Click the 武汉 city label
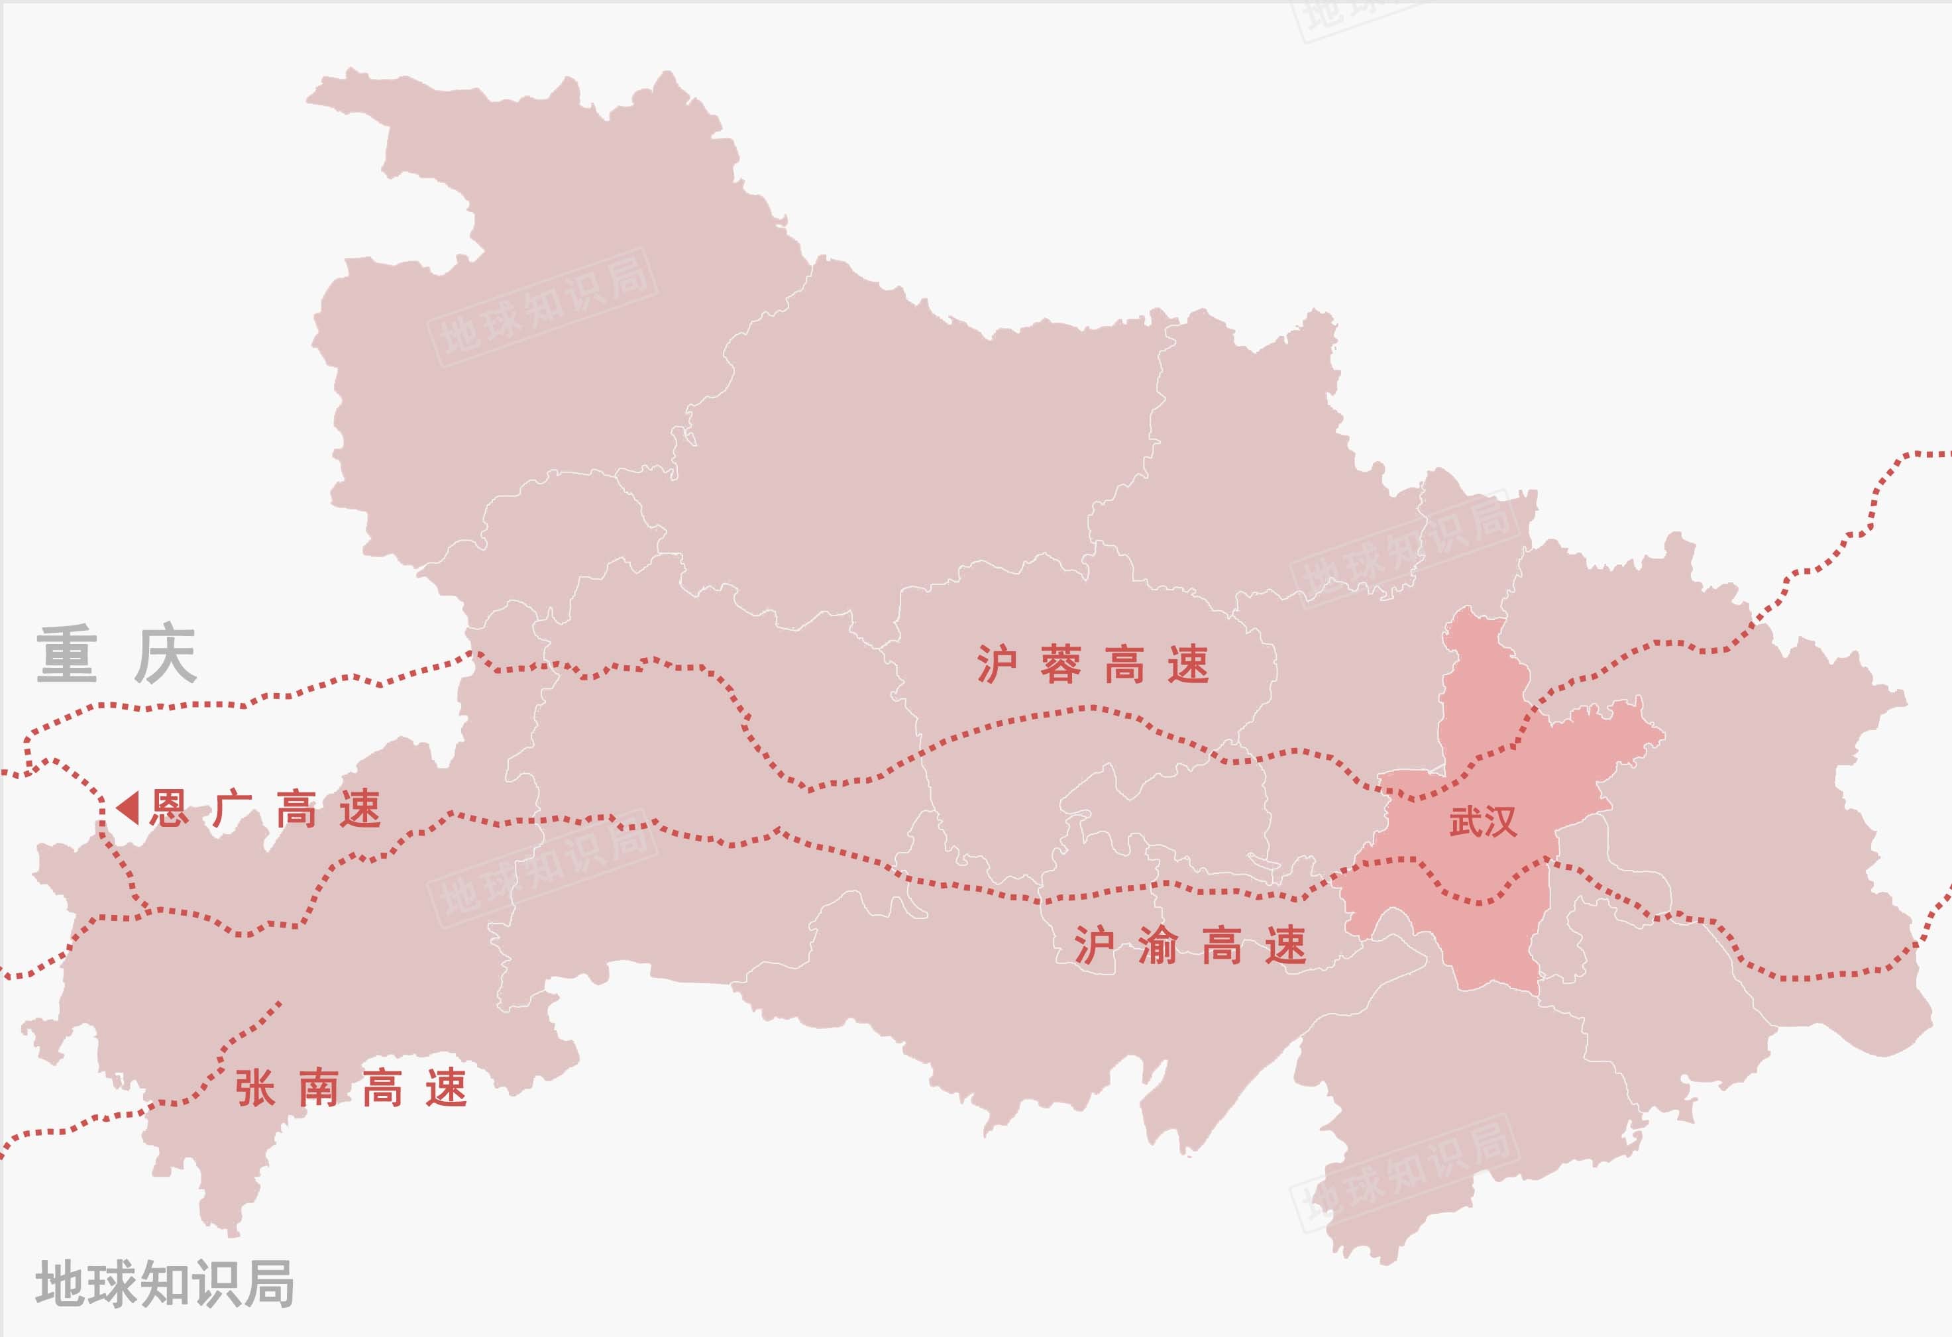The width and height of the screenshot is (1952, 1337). click(1482, 822)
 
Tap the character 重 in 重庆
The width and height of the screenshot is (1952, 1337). click(66, 654)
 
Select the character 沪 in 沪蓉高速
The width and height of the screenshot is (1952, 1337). click(996, 665)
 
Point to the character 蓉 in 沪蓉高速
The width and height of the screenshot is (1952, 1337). click(1060, 665)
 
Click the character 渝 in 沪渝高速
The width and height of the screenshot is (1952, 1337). click(1158, 945)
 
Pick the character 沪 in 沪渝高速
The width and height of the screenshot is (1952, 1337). click(1093, 945)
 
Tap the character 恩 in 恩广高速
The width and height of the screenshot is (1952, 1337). click(169, 810)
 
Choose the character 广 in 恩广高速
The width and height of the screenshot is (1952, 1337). click(233, 810)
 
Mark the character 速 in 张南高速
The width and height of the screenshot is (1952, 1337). click(446, 1089)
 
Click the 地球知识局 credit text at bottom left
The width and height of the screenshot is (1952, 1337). click(164, 1283)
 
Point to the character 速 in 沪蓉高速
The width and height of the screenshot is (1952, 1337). click(1187, 665)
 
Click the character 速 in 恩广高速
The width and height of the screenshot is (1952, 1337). click(360, 810)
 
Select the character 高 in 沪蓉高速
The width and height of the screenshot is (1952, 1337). click(1124, 665)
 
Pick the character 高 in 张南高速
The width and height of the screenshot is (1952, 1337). click(382, 1089)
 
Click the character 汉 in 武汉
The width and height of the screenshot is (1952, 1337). click(1500, 822)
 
